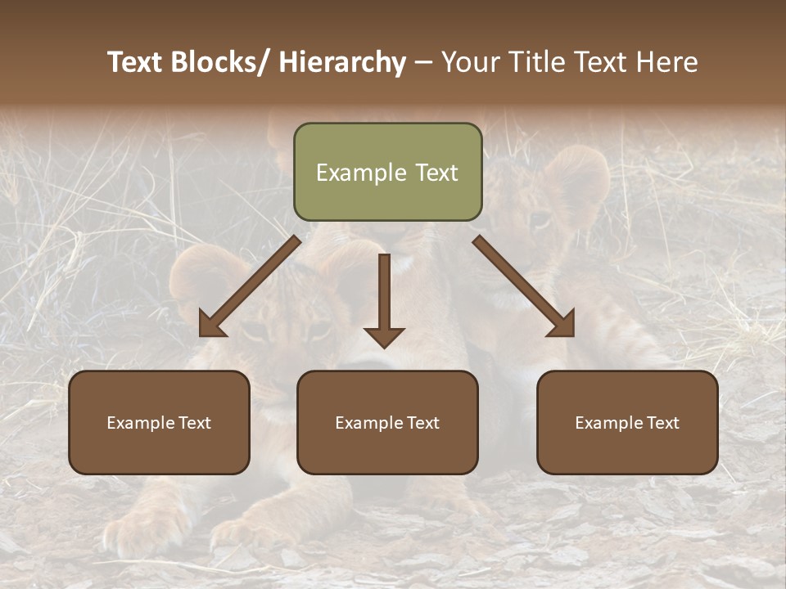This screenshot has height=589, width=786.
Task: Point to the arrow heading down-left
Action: click(250, 286)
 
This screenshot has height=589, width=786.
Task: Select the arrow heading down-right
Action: click(524, 286)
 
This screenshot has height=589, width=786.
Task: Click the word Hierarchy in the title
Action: click(343, 62)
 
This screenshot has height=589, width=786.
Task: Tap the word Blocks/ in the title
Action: click(223, 62)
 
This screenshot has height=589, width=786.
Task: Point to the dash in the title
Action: click(423, 62)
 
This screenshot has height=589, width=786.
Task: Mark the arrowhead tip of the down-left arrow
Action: click(201, 335)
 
